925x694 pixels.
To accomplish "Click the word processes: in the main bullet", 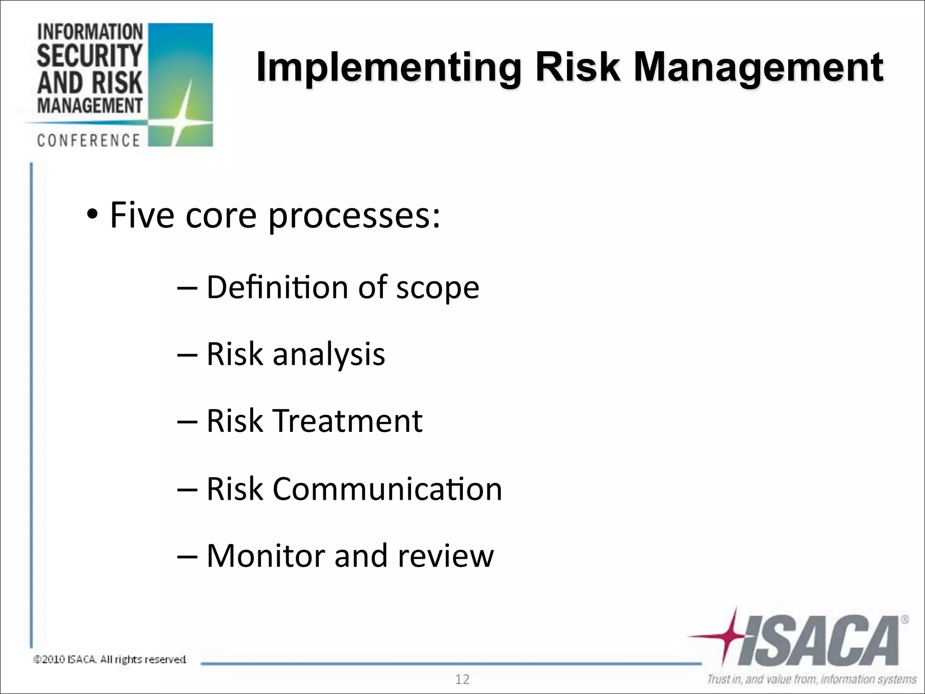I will click(x=354, y=216).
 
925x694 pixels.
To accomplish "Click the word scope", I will click(x=437, y=288).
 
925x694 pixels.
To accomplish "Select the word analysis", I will click(x=329, y=354).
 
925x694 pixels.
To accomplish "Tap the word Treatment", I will click(x=348, y=421).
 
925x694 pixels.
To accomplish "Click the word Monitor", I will click(x=266, y=555).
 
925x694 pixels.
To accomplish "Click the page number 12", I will click(x=462, y=680).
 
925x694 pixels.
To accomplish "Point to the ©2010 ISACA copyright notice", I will click(x=110, y=660).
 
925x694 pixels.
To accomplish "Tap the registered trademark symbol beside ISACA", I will click(x=905, y=620).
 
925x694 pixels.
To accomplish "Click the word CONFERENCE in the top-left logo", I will click(x=89, y=141).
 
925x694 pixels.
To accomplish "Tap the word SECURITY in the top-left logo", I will click(x=89, y=56).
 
